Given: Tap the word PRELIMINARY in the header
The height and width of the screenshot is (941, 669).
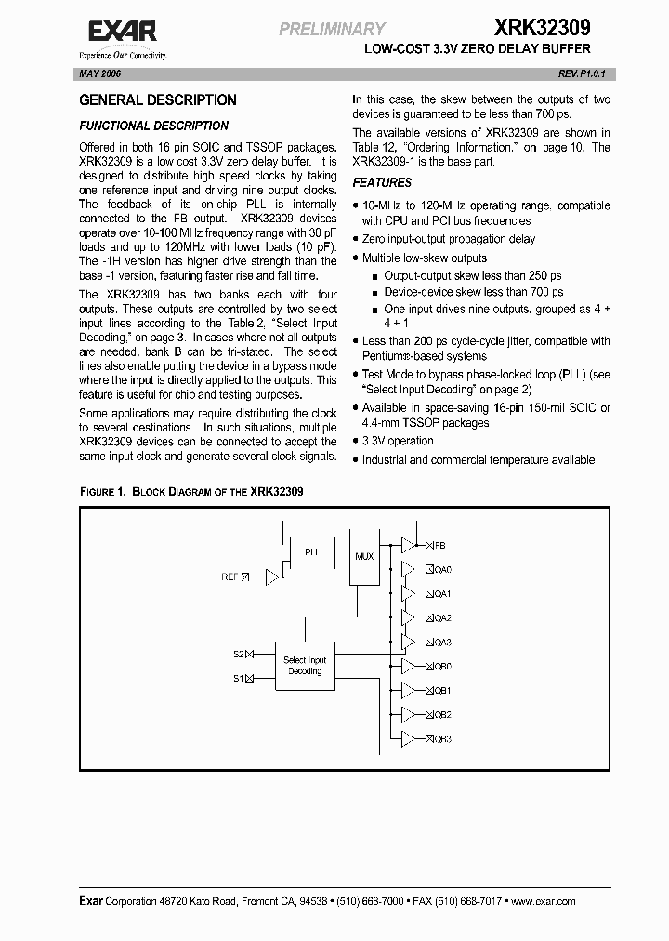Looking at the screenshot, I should pos(332,30).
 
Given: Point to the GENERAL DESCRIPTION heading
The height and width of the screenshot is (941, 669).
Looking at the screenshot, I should pos(158,100).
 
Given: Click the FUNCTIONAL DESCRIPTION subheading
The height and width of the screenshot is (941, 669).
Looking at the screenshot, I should pos(153,126).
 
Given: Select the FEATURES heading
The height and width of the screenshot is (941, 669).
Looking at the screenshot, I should pos(382,183).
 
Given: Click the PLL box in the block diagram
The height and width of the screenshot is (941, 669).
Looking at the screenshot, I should pos(312,551).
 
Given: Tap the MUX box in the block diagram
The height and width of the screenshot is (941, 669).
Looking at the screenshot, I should pos(365,556).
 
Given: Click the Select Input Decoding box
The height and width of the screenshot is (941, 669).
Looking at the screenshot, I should pos(304,666).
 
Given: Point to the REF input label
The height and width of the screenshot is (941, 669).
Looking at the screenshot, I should pos(230,577).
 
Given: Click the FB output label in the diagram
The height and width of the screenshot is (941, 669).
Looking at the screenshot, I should pos(440,545).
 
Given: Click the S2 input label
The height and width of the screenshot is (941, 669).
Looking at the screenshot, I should pos(238,655).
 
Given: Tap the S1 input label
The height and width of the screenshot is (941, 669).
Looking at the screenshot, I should pos(238,678).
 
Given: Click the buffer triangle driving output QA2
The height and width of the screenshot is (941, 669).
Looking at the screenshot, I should pos(408,617).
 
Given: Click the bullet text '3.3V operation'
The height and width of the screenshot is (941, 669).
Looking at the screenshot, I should pos(398,441).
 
